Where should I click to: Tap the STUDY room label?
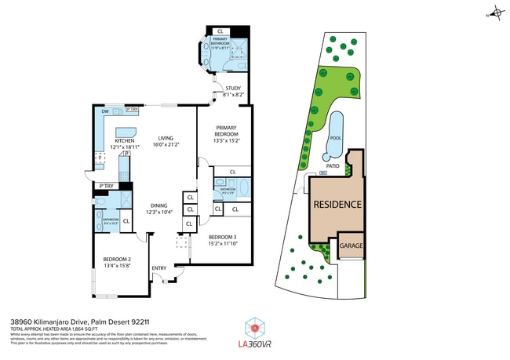point(233,89)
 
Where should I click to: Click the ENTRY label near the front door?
point(159,269)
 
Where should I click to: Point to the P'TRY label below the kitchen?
point(106,186)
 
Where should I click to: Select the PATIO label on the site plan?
point(332,166)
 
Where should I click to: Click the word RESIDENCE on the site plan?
point(338,204)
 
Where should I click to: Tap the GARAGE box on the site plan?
point(351,245)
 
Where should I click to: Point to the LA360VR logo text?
point(253,343)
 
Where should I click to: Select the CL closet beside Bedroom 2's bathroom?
point(126,221)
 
